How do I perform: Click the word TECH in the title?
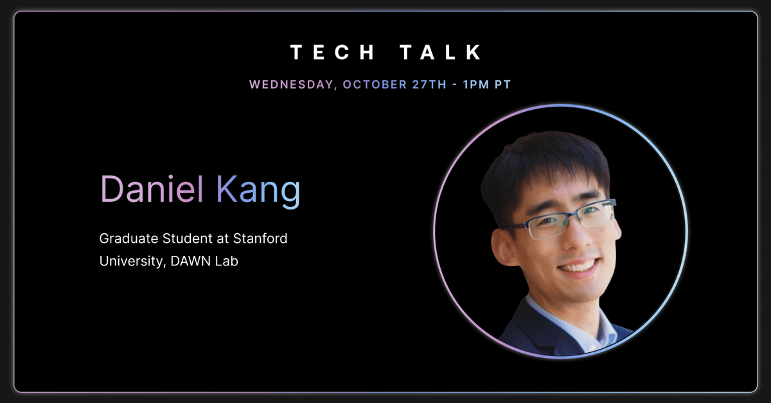point(332,52)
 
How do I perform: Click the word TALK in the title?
point(441,52)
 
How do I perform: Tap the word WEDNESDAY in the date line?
point(291,85)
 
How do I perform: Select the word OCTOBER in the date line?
point(375,84)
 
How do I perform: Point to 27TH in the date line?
point(429,84)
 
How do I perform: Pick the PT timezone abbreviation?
point(502,84)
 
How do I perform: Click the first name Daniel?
point(152,189)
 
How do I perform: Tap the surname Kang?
point(258,192)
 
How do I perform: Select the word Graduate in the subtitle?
point(128,238)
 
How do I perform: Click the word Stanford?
point(260,238)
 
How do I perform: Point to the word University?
point(131,262)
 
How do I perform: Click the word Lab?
point(226,261)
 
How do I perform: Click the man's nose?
point(580,238)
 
